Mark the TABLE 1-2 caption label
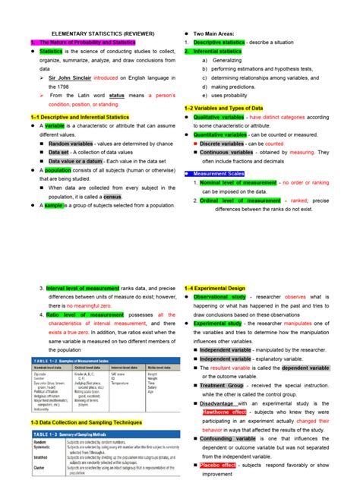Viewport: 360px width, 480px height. (x=43, y=359)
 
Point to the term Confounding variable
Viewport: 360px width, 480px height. (x=229, y=438)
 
